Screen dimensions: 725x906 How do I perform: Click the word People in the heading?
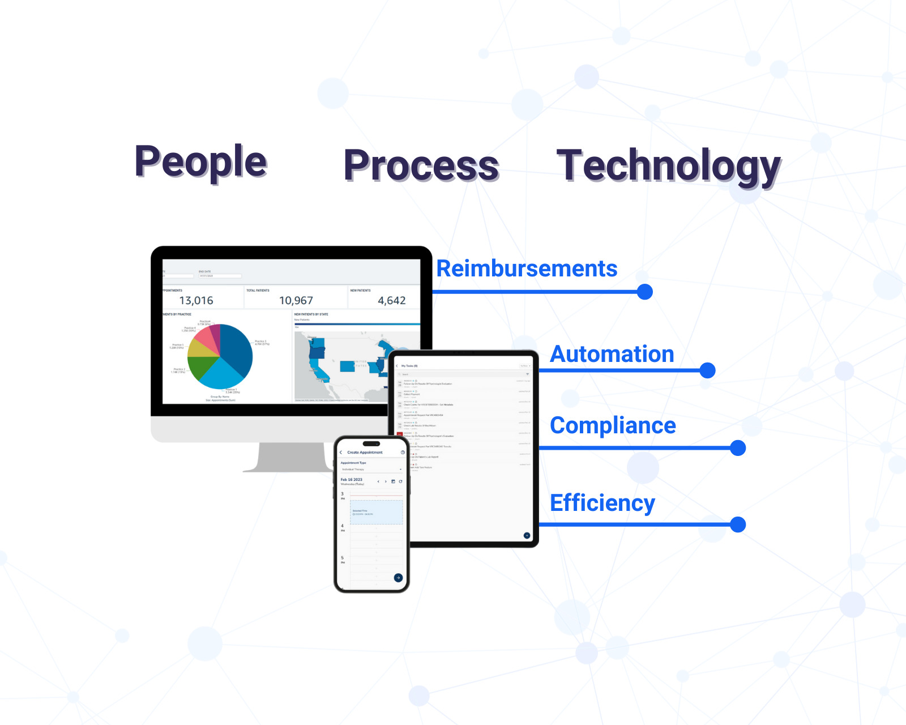click(x=200, y=162)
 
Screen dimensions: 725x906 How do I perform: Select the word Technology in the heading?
click(x=668, y=165)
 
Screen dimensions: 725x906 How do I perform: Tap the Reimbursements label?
click(x=527, y=268)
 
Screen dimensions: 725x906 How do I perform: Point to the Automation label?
click(x=612, y=354)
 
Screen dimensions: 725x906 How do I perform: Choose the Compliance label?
click(x=613, y=425)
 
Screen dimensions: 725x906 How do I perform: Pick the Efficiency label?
click(x=602, y=502)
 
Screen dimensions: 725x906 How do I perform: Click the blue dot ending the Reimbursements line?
click(x=644, y=292)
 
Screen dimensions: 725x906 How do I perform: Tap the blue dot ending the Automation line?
click(x=707, y=370)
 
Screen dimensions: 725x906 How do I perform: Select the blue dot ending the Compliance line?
click(x=738, y=448)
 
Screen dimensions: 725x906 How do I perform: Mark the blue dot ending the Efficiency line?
click(x=738, y=524)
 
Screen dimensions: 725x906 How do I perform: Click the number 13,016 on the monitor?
click(x=196, y=301)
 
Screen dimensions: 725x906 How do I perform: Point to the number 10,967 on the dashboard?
click(x=296, y=301)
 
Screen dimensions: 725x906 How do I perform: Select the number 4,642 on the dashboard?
click(x=391, y=301)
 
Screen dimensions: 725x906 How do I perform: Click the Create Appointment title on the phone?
click(x=365, y=453)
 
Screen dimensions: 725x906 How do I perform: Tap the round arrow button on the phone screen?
click(x=398, y=578)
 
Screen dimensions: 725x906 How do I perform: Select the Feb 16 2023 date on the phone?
click(x=351, y=480)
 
